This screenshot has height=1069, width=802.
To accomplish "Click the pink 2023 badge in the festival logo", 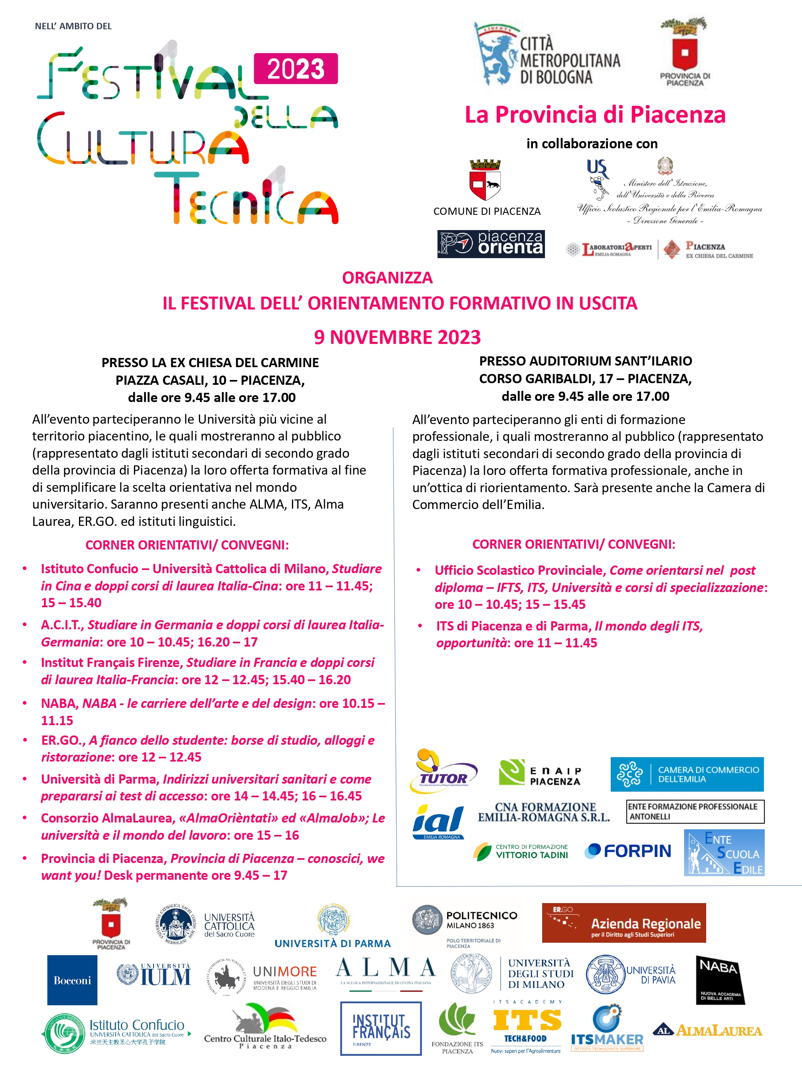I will click(296, 69).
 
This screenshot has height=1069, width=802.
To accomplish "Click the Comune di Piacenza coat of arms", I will click(485, 180).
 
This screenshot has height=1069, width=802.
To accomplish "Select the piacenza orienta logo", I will click(491, 244).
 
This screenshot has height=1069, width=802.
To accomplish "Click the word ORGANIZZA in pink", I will click(387, 278).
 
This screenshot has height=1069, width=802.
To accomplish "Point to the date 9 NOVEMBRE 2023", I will click(397, 337).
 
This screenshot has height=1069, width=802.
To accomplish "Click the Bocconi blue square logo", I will click(72, 980).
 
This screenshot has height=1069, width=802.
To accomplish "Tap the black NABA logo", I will click(719, 980).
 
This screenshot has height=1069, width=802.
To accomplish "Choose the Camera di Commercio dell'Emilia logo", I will click(687, 774).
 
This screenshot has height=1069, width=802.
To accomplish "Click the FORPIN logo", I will click(628, 851).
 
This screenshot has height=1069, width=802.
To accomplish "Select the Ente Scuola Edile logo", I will click(724, 853).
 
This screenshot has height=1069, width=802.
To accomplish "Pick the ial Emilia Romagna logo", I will click(438, 822).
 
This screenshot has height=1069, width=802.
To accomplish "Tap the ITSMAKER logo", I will click(607, 1029).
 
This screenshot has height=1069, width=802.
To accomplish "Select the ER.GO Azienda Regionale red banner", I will click(623, 923).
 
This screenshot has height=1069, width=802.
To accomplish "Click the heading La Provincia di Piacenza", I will click(595, 115).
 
